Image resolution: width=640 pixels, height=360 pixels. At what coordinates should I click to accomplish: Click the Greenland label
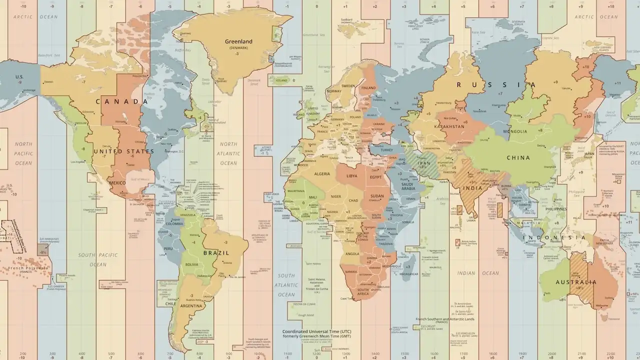238,41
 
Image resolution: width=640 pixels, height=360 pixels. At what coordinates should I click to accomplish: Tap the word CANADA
122,101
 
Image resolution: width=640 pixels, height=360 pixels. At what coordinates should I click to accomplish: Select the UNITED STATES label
124,151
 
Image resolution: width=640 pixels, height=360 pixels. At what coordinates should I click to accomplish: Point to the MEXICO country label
117,183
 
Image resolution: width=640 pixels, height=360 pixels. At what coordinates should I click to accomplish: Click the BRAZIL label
216,253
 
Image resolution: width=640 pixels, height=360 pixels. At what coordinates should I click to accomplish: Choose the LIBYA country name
352,176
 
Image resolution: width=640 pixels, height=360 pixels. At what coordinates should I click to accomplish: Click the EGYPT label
375,177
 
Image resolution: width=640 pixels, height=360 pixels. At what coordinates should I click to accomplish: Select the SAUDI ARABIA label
408,186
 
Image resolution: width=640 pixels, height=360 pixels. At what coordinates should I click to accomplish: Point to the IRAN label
424,163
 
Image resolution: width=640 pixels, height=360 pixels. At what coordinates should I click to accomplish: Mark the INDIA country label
472,188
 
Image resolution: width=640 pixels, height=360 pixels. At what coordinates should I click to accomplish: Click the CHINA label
518,158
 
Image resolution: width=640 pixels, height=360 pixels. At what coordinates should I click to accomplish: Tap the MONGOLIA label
518,131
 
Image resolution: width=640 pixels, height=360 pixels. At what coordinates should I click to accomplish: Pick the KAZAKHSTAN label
449,126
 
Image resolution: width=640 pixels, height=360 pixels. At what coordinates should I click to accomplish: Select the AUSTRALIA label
576,282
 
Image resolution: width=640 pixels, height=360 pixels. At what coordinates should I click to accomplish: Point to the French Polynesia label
28,268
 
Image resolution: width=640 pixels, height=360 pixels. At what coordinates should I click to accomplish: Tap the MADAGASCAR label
408,274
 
